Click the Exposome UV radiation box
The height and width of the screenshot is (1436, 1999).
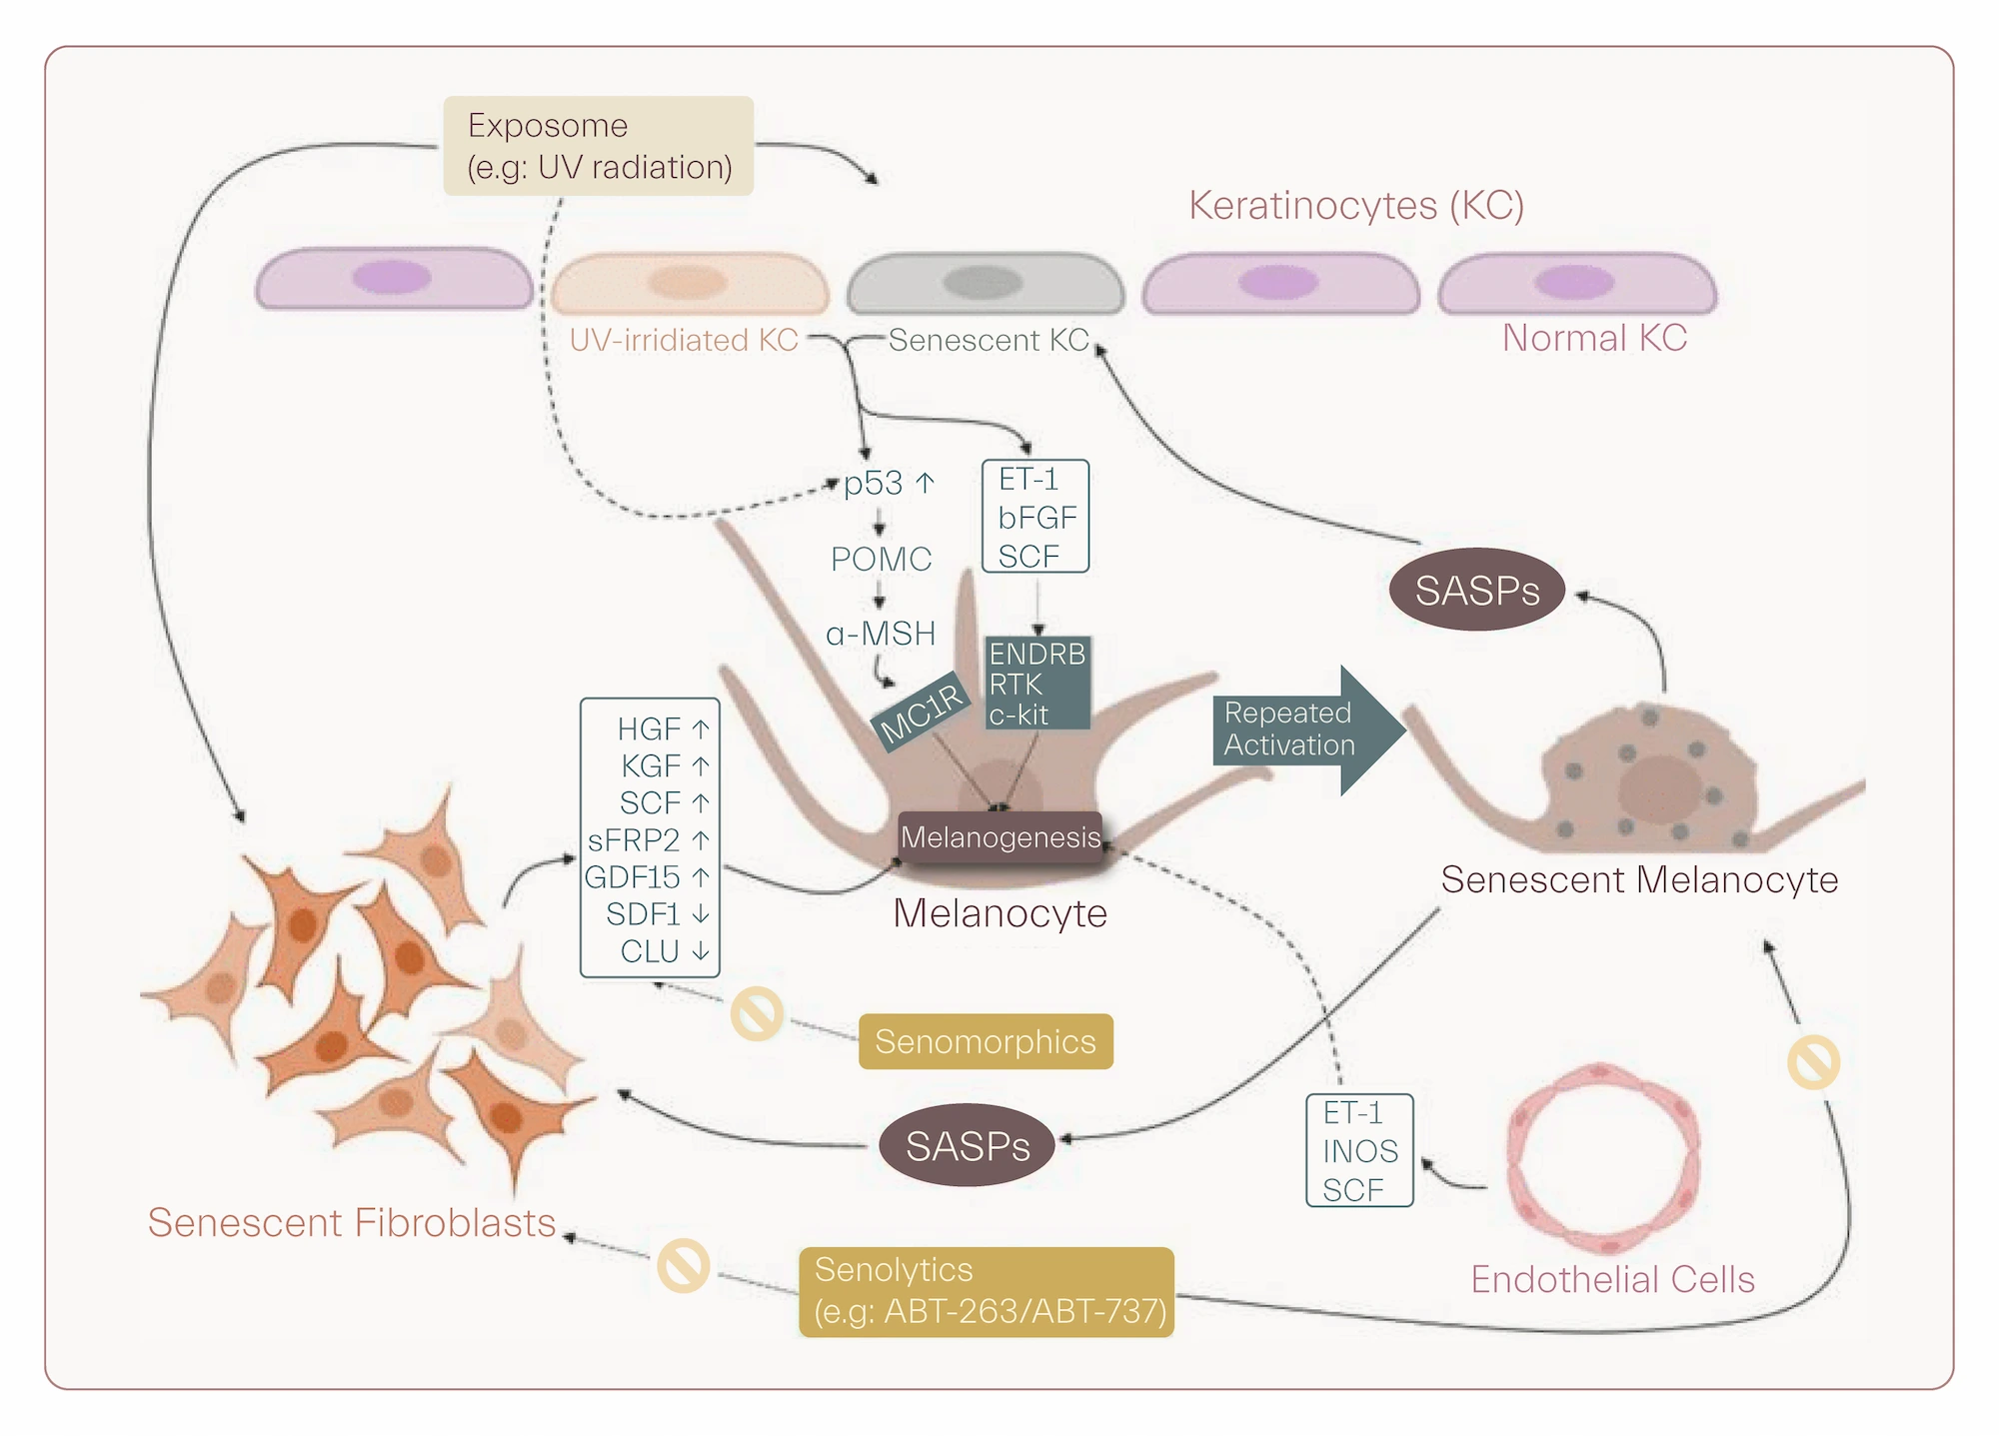click(598, 146)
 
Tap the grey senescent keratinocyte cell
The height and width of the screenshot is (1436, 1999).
click(985, 284)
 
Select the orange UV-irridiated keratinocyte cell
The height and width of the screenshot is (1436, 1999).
click(689, 284)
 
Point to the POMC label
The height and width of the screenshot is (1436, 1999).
click(881, 559)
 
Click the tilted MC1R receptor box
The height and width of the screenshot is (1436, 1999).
click(922, 713)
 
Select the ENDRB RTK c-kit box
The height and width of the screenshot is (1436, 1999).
click(1036, 684)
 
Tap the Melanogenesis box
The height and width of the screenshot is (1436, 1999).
click(1000, 837)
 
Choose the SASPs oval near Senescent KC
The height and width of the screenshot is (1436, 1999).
click(1476, 591)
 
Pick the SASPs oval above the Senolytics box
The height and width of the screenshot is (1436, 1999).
click(967, 1145)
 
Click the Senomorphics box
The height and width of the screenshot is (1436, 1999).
click(986, 1041)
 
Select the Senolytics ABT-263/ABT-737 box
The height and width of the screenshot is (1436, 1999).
click(987, 1291)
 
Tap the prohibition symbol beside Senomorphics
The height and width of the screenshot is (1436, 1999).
click(757, 1014)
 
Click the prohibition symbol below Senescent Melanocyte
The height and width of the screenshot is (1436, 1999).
click(1813, 1061)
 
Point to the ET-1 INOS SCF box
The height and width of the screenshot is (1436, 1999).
click(1359, 1150)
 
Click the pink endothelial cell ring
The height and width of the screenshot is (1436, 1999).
click(1602, 1158)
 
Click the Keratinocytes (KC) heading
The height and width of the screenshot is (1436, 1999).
click(1355, 205)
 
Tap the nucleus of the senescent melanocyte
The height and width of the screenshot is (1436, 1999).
click(1660, 788)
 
